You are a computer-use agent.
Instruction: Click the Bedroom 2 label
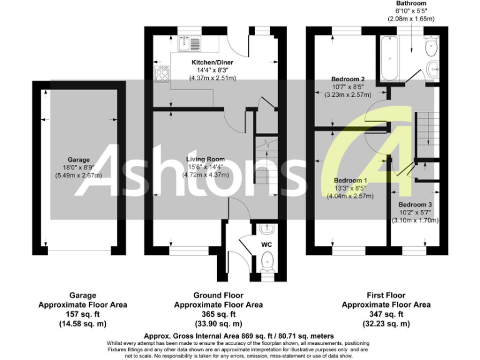[349, 79]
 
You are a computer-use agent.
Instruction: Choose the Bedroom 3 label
[416, 205]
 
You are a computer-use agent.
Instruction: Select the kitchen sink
[189, 43]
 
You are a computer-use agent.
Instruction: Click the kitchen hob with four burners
[161, 75]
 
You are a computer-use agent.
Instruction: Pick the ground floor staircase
[264, 162]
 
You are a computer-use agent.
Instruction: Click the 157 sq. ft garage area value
[82, 314]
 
